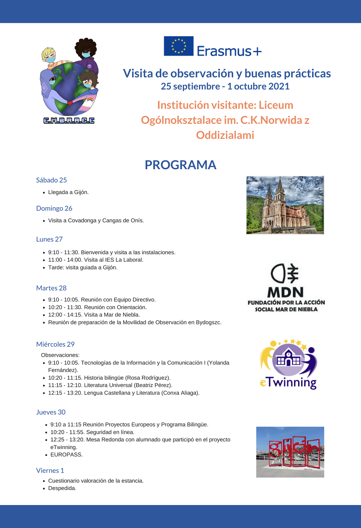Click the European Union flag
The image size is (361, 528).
(x=178, y=46)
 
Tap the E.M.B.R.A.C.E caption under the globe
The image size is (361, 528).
(x=69, y=120)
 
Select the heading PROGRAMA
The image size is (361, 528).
(x=180, y=165)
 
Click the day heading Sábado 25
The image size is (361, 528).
(x=51, y=180)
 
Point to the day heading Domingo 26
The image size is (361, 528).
(x=54, y=208)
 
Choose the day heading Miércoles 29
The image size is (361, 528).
(x=55, y=344)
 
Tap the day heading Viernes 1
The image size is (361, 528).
(x=50, y=470)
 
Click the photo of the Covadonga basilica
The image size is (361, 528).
(x=285, y=205)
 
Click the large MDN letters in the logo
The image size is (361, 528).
(x=285, y=292)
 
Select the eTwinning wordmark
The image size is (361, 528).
(x=288, y=382)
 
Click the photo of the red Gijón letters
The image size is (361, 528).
(x=290, y=452)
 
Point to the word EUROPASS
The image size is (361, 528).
(x=67, y=455)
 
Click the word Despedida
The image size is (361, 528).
(x=62, y=488)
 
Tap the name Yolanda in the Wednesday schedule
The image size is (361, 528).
(x=219, y=363)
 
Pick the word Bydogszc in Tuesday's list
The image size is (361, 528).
(x=208, y=322)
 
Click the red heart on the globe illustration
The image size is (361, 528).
(x=69, y=103)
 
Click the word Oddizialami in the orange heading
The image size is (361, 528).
(x=225, y=135)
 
